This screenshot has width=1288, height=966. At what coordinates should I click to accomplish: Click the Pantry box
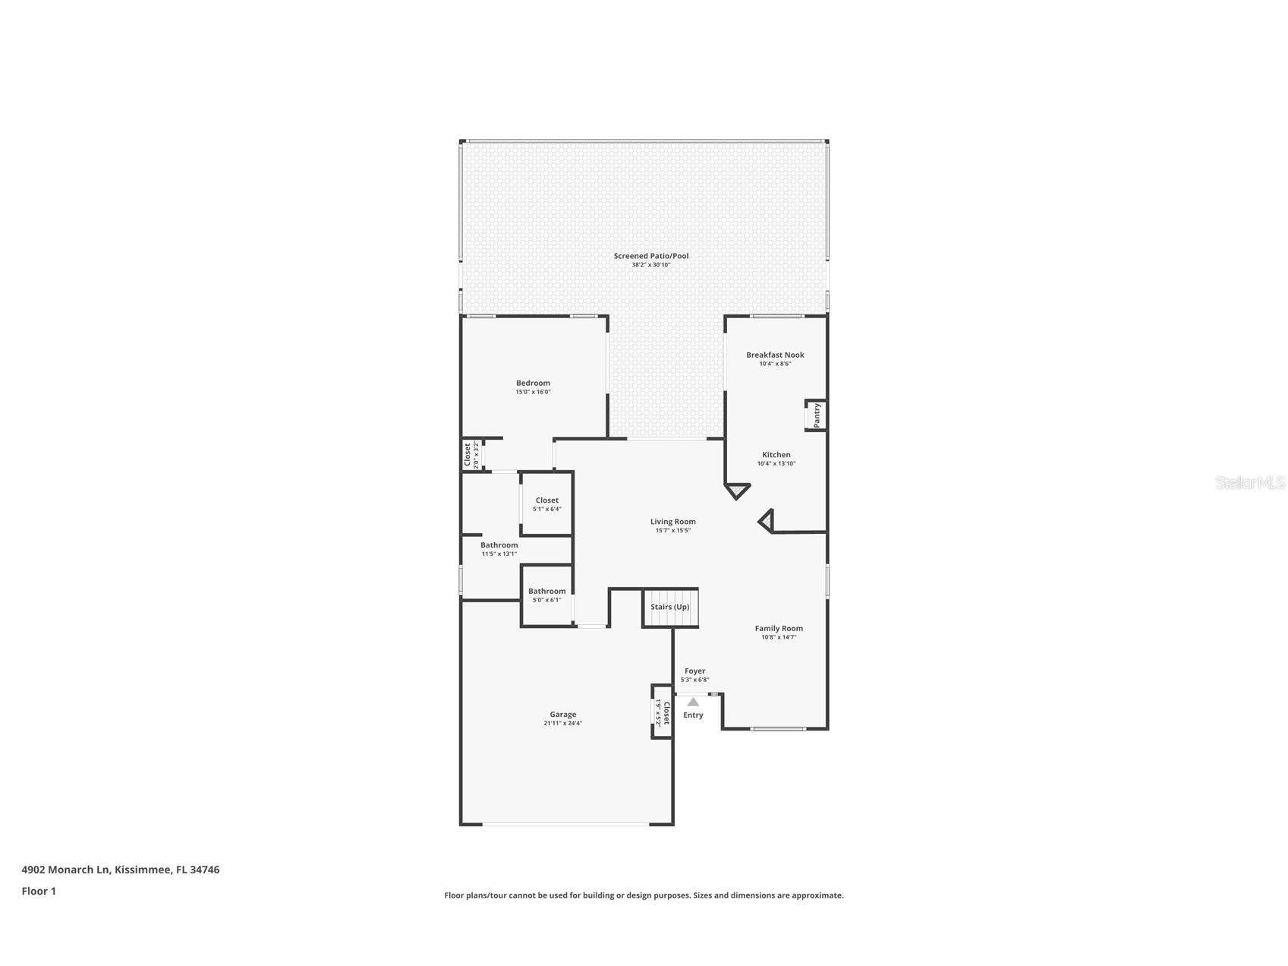(816, 415)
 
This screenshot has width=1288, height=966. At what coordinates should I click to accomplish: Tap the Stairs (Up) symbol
(670, 608)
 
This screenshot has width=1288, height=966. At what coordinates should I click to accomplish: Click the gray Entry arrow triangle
(693, 702)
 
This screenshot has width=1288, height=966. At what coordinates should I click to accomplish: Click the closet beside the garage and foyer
(662, 713)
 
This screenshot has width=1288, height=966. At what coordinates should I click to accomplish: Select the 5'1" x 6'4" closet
(546, 504)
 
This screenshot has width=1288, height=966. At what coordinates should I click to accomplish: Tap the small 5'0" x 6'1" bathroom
(546, 595)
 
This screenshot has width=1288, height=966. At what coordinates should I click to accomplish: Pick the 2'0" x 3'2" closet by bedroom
(471, 456)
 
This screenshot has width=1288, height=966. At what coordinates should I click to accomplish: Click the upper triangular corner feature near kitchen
(736, 491)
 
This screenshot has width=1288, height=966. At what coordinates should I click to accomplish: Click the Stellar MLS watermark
(1249, 482)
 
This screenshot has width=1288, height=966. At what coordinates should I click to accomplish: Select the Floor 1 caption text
(39, 891)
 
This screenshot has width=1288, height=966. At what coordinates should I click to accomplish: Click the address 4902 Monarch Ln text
(120, 870)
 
